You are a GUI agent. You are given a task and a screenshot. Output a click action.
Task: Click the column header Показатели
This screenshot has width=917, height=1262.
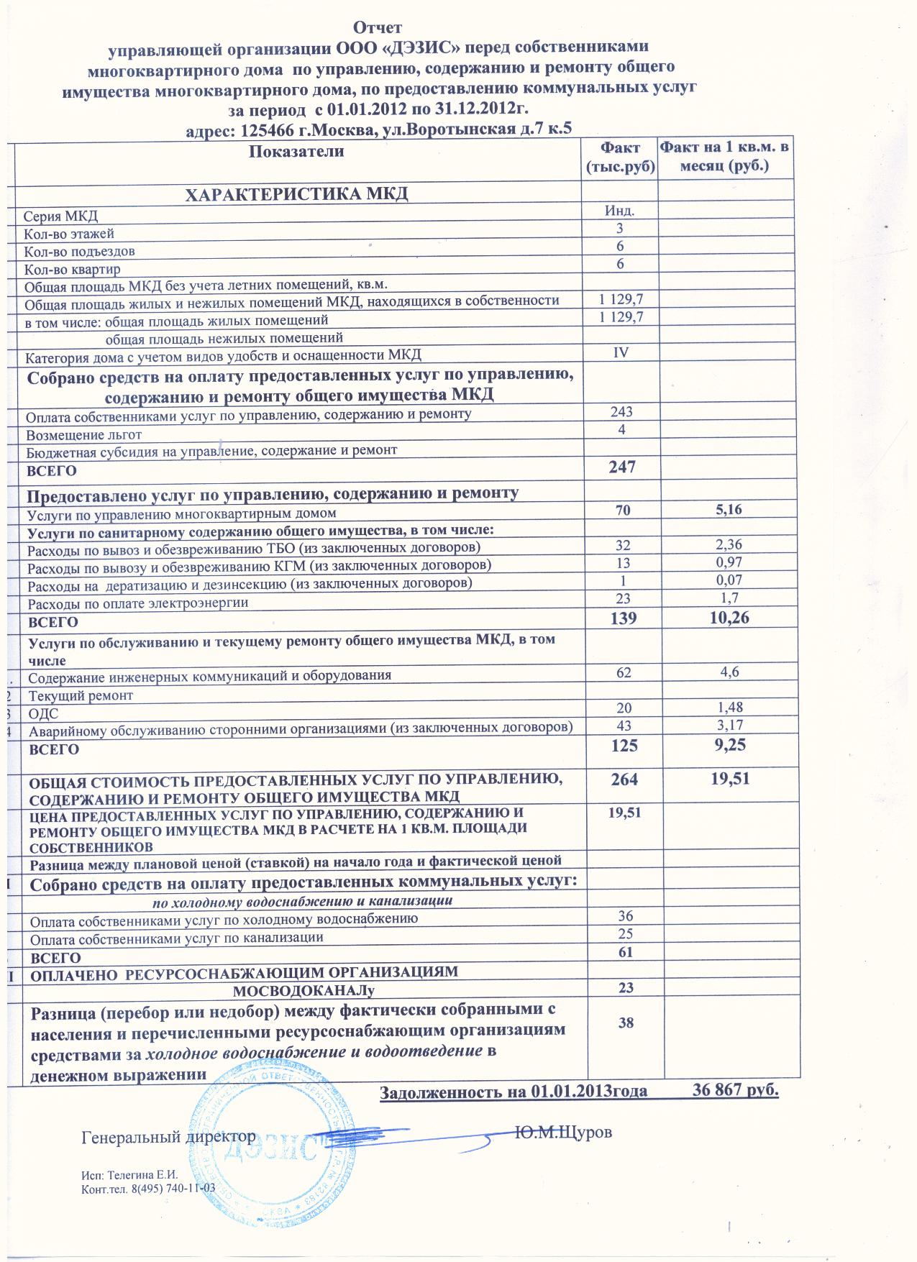click(x=296, y=152)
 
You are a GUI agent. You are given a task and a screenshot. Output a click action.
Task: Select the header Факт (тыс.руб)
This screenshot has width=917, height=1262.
click(x=621, y=157)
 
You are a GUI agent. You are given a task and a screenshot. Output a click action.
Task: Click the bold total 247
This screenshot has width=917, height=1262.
click(x=621, y=467)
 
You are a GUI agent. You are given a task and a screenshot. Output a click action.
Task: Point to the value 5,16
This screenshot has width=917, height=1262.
click(x=727, y=510)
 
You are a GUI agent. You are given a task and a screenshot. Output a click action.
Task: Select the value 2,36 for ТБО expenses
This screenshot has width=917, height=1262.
click(x=727, y=545)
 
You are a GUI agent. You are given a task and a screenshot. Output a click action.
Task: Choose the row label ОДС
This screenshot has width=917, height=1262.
click(x=43, y=714)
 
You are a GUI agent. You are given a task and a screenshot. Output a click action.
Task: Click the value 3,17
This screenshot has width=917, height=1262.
click(x=727, y=725)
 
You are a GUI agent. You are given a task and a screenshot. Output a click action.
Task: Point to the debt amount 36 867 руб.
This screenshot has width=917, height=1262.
click(x=735, y=1089)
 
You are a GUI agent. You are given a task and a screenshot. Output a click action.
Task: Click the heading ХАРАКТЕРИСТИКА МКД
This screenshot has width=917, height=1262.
click(x=297, y=194)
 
